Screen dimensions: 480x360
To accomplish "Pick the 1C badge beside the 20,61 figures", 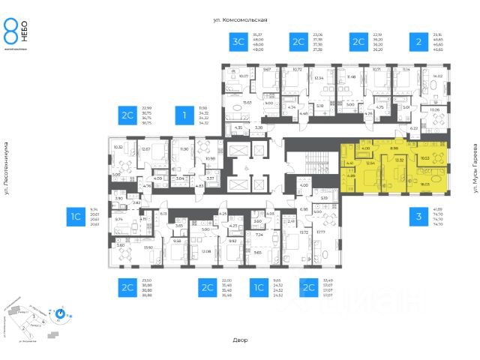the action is point(76,217).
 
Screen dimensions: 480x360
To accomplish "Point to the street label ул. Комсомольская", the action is point(239,19).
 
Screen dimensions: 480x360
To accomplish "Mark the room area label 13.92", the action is point(148,247).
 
